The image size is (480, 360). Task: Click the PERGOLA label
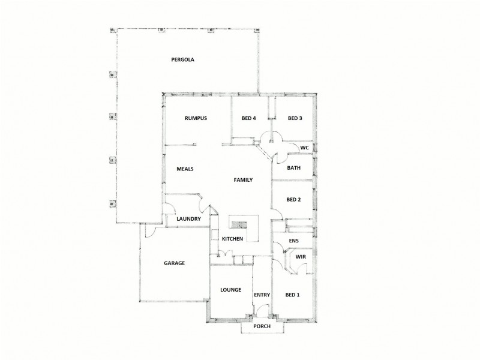[182, 59]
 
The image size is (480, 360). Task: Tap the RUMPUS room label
[196, 118]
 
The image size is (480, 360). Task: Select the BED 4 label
[248, 118]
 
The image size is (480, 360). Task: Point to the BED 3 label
[294, 118]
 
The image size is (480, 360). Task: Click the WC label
[304, 148]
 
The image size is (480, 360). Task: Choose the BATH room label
[293, 168]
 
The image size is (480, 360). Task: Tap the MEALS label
[184, 169]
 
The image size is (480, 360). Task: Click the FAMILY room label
[243, 180]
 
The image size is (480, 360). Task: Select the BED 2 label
[293, 200]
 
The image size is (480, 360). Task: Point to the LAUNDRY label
[188, 219]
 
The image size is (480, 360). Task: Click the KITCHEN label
[232, 239]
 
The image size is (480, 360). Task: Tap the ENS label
[293, 241]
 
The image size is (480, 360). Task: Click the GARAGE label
[174, 263]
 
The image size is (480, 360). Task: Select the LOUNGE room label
[230, 290]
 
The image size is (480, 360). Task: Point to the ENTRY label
[262, 295]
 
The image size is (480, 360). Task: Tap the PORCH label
[262, 326]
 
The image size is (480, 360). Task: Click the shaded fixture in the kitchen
[239, 225]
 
